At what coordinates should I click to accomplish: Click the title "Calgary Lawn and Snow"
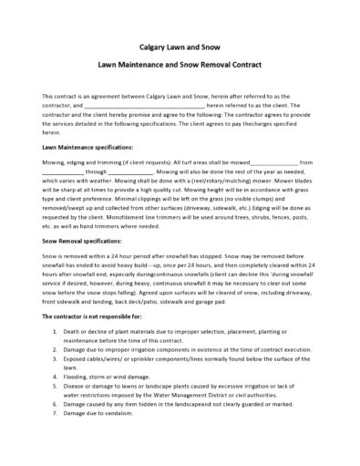click(180, 43)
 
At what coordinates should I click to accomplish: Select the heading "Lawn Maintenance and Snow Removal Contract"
click(180, 67)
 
